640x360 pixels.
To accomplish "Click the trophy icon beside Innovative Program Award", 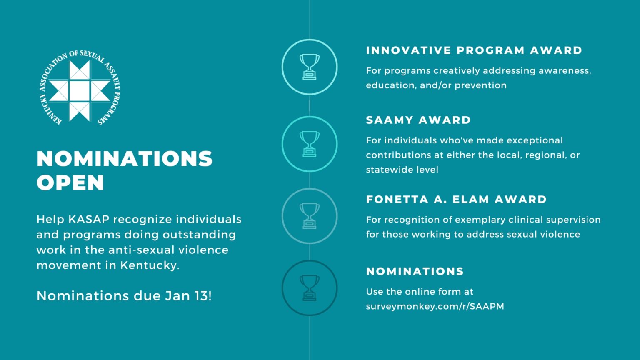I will click(x=310, y=67).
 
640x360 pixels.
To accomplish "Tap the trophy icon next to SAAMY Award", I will click(x=310, y=144).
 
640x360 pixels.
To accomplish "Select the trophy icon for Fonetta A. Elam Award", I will click(x=310, y=216).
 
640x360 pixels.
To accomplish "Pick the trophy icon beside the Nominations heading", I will click(x=310, y=288).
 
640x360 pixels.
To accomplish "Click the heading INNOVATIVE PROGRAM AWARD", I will click(x=474, y=50).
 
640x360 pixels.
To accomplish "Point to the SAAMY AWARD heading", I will click(x=418, y=120).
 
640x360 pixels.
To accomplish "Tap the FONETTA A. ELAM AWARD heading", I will click(x=456, y=200).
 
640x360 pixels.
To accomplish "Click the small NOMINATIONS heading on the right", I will click(x=415, y=271).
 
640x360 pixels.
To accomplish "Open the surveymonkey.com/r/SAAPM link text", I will click(x=435, y=306).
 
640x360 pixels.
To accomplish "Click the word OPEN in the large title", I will click(x=70, y=182).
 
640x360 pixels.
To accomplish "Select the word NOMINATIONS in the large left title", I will click(x=125, y=159).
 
